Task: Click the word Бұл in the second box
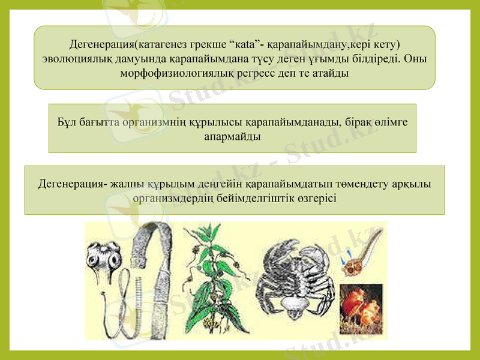tap(67, 123)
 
